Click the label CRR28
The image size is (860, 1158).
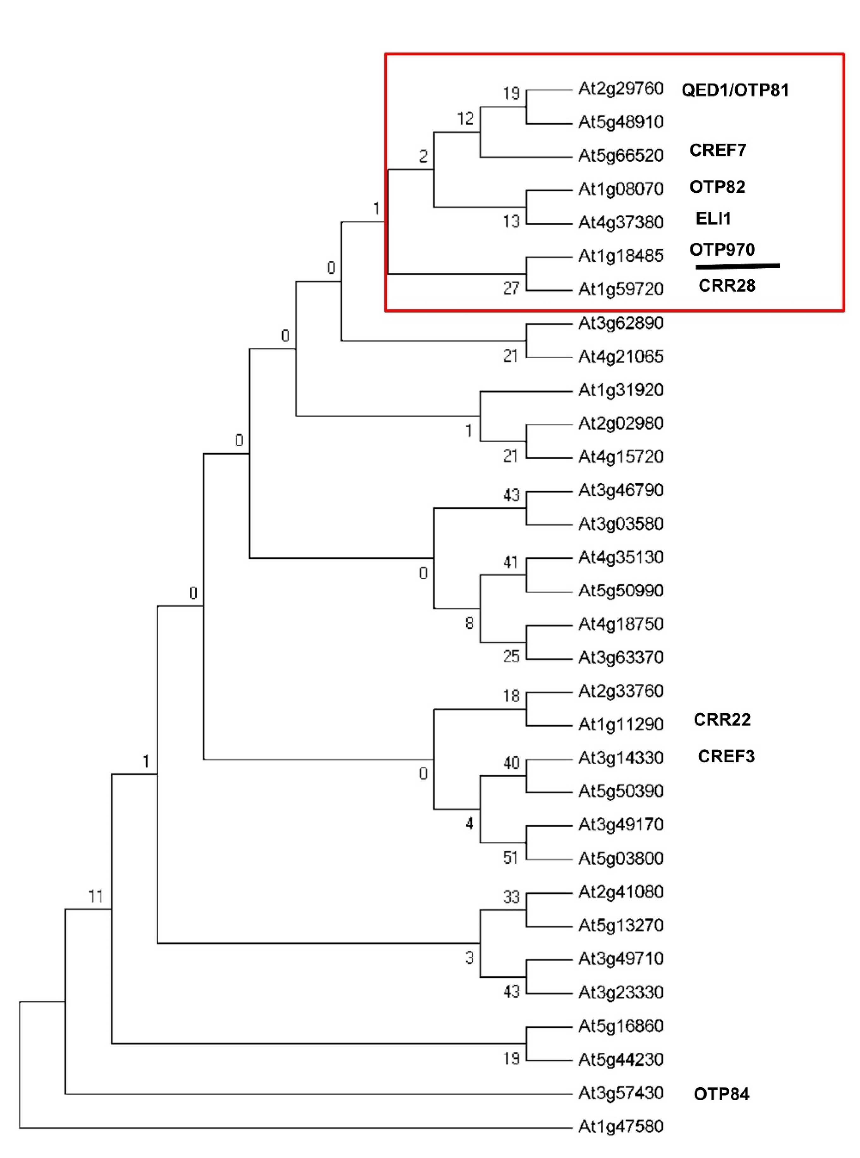coord(726,286)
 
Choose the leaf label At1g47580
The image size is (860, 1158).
coord(621,1126)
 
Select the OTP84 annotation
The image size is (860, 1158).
coord(721,1094)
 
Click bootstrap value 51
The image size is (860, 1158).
coord(511,857)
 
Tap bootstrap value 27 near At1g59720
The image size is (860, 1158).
coord(511,288)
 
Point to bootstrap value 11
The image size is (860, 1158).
coord(96,896)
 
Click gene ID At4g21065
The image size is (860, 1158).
coord(621,356)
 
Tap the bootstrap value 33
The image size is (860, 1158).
coord(511,897)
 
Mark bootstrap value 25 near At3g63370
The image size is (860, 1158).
coord(511,656)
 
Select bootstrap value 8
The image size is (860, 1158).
coord(469,623)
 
